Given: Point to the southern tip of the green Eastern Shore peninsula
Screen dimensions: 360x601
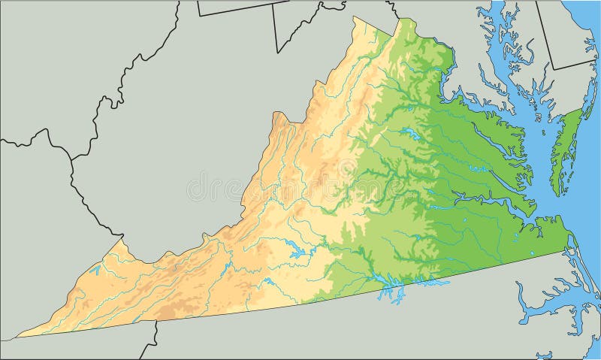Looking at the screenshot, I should [554, 195].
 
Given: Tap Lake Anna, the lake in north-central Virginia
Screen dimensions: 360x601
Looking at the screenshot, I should [409, 135].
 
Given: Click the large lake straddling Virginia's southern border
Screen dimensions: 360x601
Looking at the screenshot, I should [391, 286].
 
